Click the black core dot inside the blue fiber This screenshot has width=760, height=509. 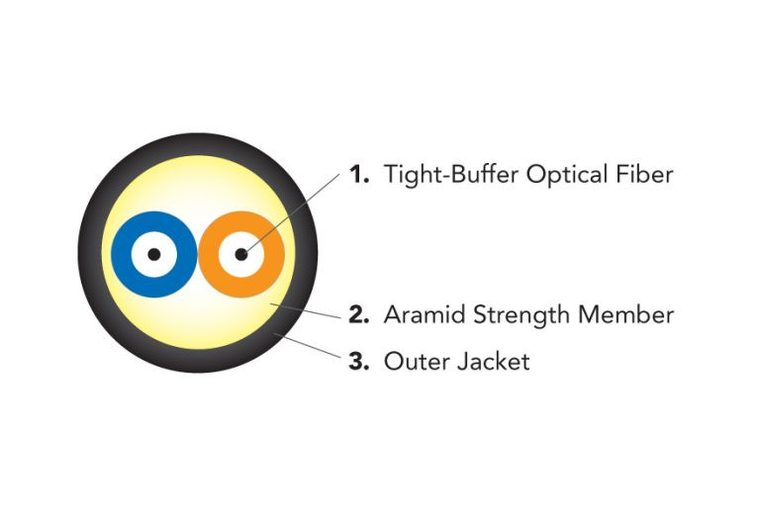(x=152, y=254)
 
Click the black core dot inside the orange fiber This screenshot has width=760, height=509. (x=241, y=254)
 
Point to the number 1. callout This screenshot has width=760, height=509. (x=359, y=175)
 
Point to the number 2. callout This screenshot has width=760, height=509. (x=359, y=315)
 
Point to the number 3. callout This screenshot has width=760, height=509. (x=359, y=362)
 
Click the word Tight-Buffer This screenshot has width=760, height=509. (x=450, y=175)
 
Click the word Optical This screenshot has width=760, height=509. (x=567, y=176)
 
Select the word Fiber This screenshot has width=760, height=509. (x=646, y=175)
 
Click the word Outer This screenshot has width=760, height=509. (x=412, y=362)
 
